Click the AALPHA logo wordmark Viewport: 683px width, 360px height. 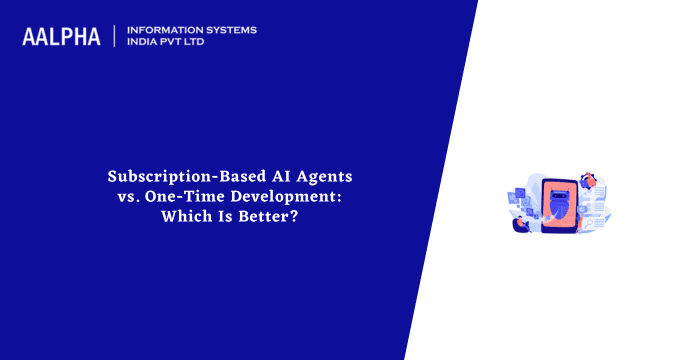(x=61, y=37)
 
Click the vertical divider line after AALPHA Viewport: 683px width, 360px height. (x=116, y=36)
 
